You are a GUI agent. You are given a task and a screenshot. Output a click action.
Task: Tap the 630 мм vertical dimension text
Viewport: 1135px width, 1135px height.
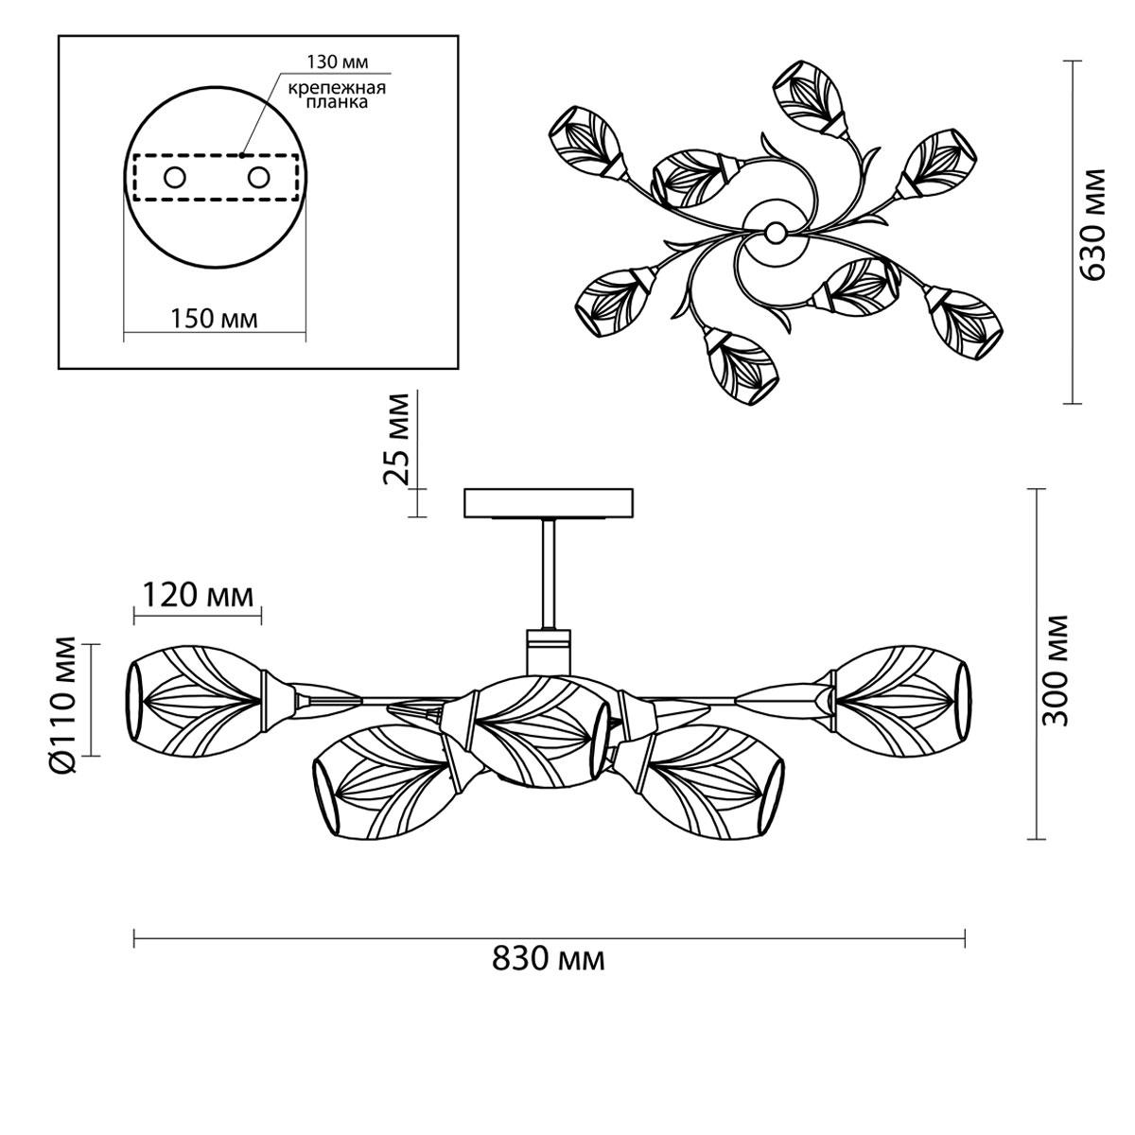1093,224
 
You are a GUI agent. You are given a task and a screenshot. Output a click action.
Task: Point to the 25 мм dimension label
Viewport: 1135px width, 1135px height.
395,439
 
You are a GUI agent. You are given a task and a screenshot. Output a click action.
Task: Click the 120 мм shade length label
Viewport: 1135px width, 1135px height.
199,596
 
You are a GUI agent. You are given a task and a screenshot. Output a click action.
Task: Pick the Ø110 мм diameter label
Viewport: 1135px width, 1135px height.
63,705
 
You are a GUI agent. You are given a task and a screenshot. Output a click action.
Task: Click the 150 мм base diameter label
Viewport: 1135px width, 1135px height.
215,319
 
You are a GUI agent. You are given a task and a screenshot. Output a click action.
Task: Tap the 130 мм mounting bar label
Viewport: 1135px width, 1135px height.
338,61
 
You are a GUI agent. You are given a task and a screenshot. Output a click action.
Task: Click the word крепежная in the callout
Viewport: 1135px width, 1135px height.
337,89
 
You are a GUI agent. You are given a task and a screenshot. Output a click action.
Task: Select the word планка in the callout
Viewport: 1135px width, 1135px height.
338,102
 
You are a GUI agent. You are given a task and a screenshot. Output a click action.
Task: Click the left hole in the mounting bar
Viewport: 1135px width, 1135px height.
175,177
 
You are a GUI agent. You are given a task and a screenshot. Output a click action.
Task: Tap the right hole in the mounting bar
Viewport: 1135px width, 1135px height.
258,177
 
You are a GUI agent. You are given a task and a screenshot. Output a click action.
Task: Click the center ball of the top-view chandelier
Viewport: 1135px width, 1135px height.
776,232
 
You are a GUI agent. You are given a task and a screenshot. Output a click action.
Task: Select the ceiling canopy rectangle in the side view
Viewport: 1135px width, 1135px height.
548,503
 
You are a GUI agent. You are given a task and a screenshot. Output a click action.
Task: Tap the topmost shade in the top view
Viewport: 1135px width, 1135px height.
811,97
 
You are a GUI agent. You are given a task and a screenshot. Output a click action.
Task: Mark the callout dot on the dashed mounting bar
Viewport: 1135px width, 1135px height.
241,155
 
